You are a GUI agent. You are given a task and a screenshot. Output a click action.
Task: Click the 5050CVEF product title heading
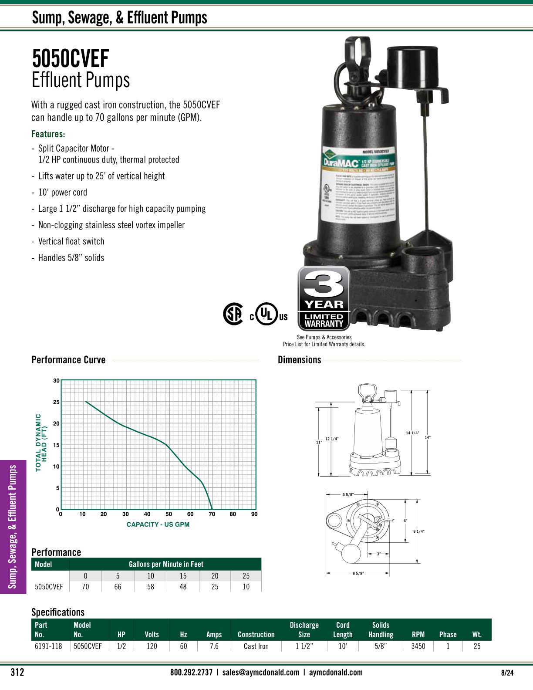pyautogui.click(x=71, y=59)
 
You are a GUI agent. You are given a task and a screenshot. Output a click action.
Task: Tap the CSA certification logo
pyautogui.click(x=233, y=314)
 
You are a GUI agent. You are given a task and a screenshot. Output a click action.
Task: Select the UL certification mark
pyautogui.click(x=267, y=315)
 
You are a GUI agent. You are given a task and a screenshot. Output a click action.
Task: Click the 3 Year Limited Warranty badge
pyautogui.click(x=324, y=299)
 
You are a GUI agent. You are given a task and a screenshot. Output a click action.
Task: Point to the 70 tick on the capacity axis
pyautogui.click(x=212, y=514)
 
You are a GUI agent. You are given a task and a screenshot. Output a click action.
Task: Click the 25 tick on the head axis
pyautogui.click(x=56, y=402)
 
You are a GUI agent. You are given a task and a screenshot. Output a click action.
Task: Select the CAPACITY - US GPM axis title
pyautogui.click(x=158, y=524)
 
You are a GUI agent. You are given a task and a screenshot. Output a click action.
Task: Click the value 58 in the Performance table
pyautogui.click(x=151, y=587)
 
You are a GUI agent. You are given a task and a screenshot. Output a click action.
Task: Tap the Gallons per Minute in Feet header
pyautogui.click(x=166, y=564)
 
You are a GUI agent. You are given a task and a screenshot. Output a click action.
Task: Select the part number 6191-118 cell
pyautogui.click(x=48, y=646)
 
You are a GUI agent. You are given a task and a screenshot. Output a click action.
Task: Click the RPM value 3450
pyautogui.click(x=418, y=646)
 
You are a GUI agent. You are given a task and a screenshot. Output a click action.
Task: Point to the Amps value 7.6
pyautogui.click(x=214, y=646)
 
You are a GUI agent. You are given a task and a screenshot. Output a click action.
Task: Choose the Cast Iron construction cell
pyautogui.click(x=256, y=646)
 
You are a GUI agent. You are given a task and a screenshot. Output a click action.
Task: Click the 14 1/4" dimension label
pyautogui.click(x=412, y=433)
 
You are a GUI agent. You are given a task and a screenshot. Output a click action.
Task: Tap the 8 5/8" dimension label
pyautogui.click(x=358, y=573)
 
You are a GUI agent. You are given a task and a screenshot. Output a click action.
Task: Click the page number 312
pyautogui.click(x=17, y=672)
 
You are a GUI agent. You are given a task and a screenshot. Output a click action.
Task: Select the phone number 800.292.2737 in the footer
pyautogui.click(x=191, y=672)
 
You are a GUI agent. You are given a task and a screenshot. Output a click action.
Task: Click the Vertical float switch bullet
pyautogui.click(x=71, y=241)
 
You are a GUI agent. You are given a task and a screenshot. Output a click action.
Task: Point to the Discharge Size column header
pyautogui.click(x=304, y=629)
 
